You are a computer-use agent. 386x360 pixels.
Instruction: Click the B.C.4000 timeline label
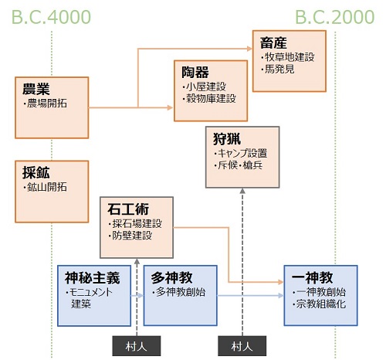pyautogui.click(x=52, y=17)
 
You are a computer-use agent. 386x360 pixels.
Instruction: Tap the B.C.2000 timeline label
pyautogui.click(x=334, y=17)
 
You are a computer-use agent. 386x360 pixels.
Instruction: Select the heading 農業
pyautogui.click(x=36, y=89)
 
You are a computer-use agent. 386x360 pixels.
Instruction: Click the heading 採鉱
pyautogui.click(x=36, y=172)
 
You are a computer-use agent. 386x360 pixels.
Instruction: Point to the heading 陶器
pyautogui.click(x=195, y=73)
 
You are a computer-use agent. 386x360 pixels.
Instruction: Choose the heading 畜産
pyautogui.click(x=273, y=42)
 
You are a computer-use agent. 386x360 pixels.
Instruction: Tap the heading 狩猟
pyautogui.click(x=227, y=139)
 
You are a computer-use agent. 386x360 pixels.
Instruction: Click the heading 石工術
pyautogui.click(x=128, y=209)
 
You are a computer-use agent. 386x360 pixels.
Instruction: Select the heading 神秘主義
pyautogui.click(x=93, y=278)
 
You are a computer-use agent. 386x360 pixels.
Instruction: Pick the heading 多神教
pyautogui.click(x=171, y=278)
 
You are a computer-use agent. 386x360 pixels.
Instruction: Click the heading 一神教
pyautogui.click(x=312, y=278)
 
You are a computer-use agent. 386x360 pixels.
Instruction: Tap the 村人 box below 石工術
pyautogui.click(x=137, y=346)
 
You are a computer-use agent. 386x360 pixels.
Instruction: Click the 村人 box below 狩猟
pyautogui.click(x=242, y=346)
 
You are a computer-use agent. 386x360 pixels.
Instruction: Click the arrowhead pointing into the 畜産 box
pyautogui.click(x=249, y=49)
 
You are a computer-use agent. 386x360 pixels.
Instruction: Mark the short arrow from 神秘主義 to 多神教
pyautogui.click(x=137, y=296)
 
